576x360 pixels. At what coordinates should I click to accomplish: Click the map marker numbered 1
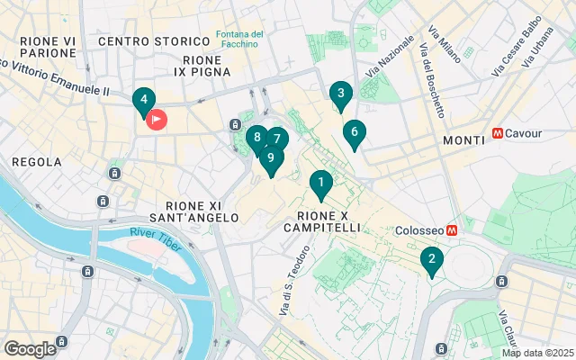[319, 184]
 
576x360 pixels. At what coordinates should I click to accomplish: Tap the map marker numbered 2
[432, 260]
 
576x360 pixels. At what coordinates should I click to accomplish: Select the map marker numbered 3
[339, 94]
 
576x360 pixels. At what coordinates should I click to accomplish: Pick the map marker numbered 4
[143, 101]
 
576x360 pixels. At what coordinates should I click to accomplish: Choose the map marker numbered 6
[354, 133]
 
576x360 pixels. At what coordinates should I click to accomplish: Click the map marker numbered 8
[256, 139]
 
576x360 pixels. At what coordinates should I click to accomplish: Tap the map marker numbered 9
[270, 158]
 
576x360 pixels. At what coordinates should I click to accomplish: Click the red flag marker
[156, 118]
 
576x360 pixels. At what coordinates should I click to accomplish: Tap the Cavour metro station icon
[498, 133]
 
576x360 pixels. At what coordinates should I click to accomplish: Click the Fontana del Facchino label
[239, 40]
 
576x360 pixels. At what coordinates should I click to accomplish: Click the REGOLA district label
[37, 162]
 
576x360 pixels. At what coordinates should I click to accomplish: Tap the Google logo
[30, 349]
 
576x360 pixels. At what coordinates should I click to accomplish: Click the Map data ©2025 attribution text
[537, 353]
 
